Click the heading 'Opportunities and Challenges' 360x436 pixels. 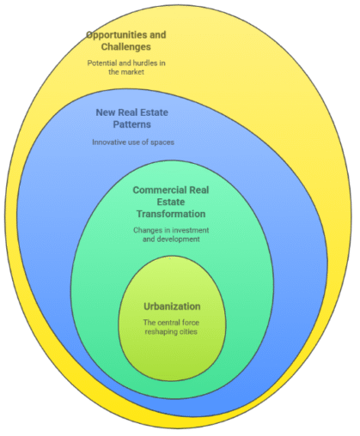(125, 40)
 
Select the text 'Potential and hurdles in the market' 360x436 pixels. (125, 69)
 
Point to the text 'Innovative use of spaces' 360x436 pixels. (133, 142)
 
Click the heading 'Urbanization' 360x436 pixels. (172, 306)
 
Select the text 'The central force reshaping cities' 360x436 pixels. (172, 327)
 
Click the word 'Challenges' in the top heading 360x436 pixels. (125, 46)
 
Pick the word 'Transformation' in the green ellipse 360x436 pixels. (169, 214)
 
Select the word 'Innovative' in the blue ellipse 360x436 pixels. (110, 142)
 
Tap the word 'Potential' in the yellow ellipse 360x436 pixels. (105, 64)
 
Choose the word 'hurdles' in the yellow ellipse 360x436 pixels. (142, 64)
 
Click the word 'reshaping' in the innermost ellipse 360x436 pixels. (162, 332)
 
